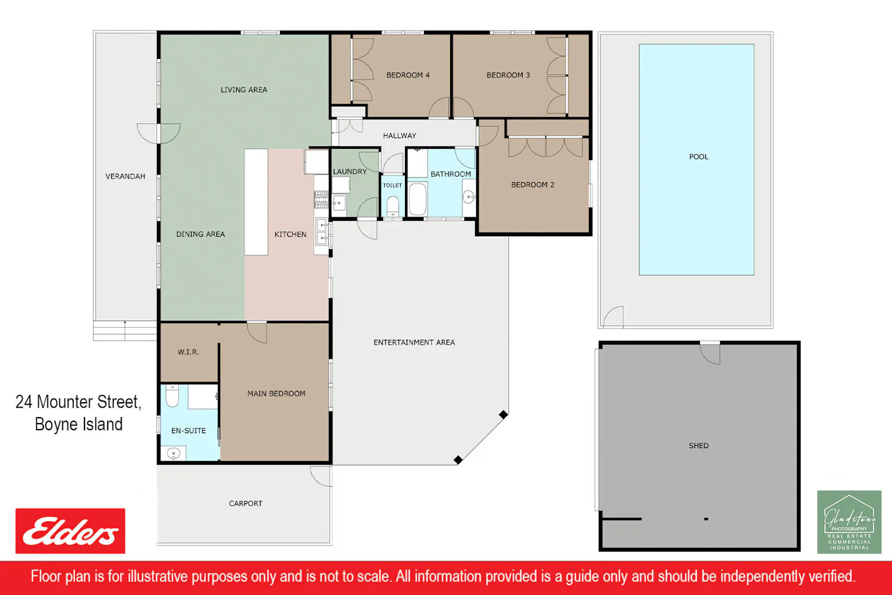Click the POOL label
coord(699,156)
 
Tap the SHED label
coord(699,446)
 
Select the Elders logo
coord(70,531)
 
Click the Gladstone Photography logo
coord(849,522)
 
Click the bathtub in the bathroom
coord(417,199)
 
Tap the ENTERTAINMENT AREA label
coord(414,342)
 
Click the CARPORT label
coord(246,503)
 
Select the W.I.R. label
coord(188,352)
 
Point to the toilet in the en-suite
coord(172,396)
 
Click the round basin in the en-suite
coord(174,453)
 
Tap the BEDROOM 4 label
coord(408,75)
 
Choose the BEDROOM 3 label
coord(508,75)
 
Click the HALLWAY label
coord(400,136)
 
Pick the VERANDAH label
coord(125,176)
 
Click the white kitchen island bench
coord(256,202)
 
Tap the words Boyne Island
coord(79,424)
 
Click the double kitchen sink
coord(322,232)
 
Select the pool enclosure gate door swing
coord(613,317)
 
